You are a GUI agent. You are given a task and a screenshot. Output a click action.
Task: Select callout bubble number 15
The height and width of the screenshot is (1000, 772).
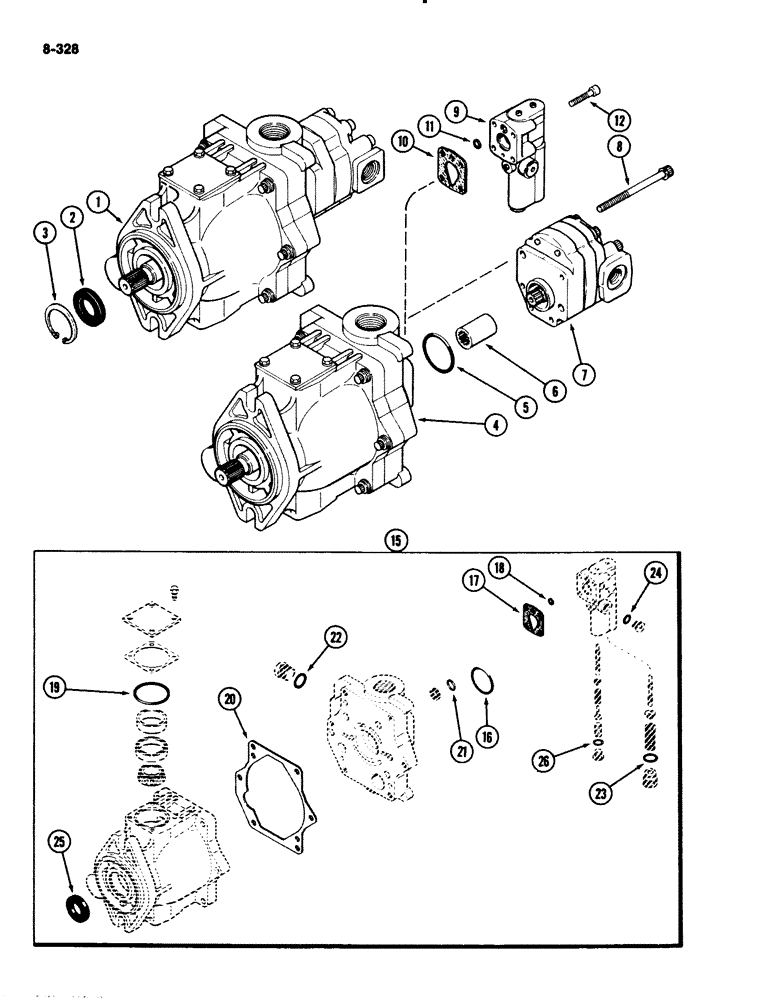coord(397,540)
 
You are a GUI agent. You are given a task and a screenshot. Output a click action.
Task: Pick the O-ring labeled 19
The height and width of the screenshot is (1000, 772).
coord(152,692)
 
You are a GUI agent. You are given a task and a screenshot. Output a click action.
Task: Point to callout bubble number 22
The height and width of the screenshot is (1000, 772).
coord(334,639)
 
